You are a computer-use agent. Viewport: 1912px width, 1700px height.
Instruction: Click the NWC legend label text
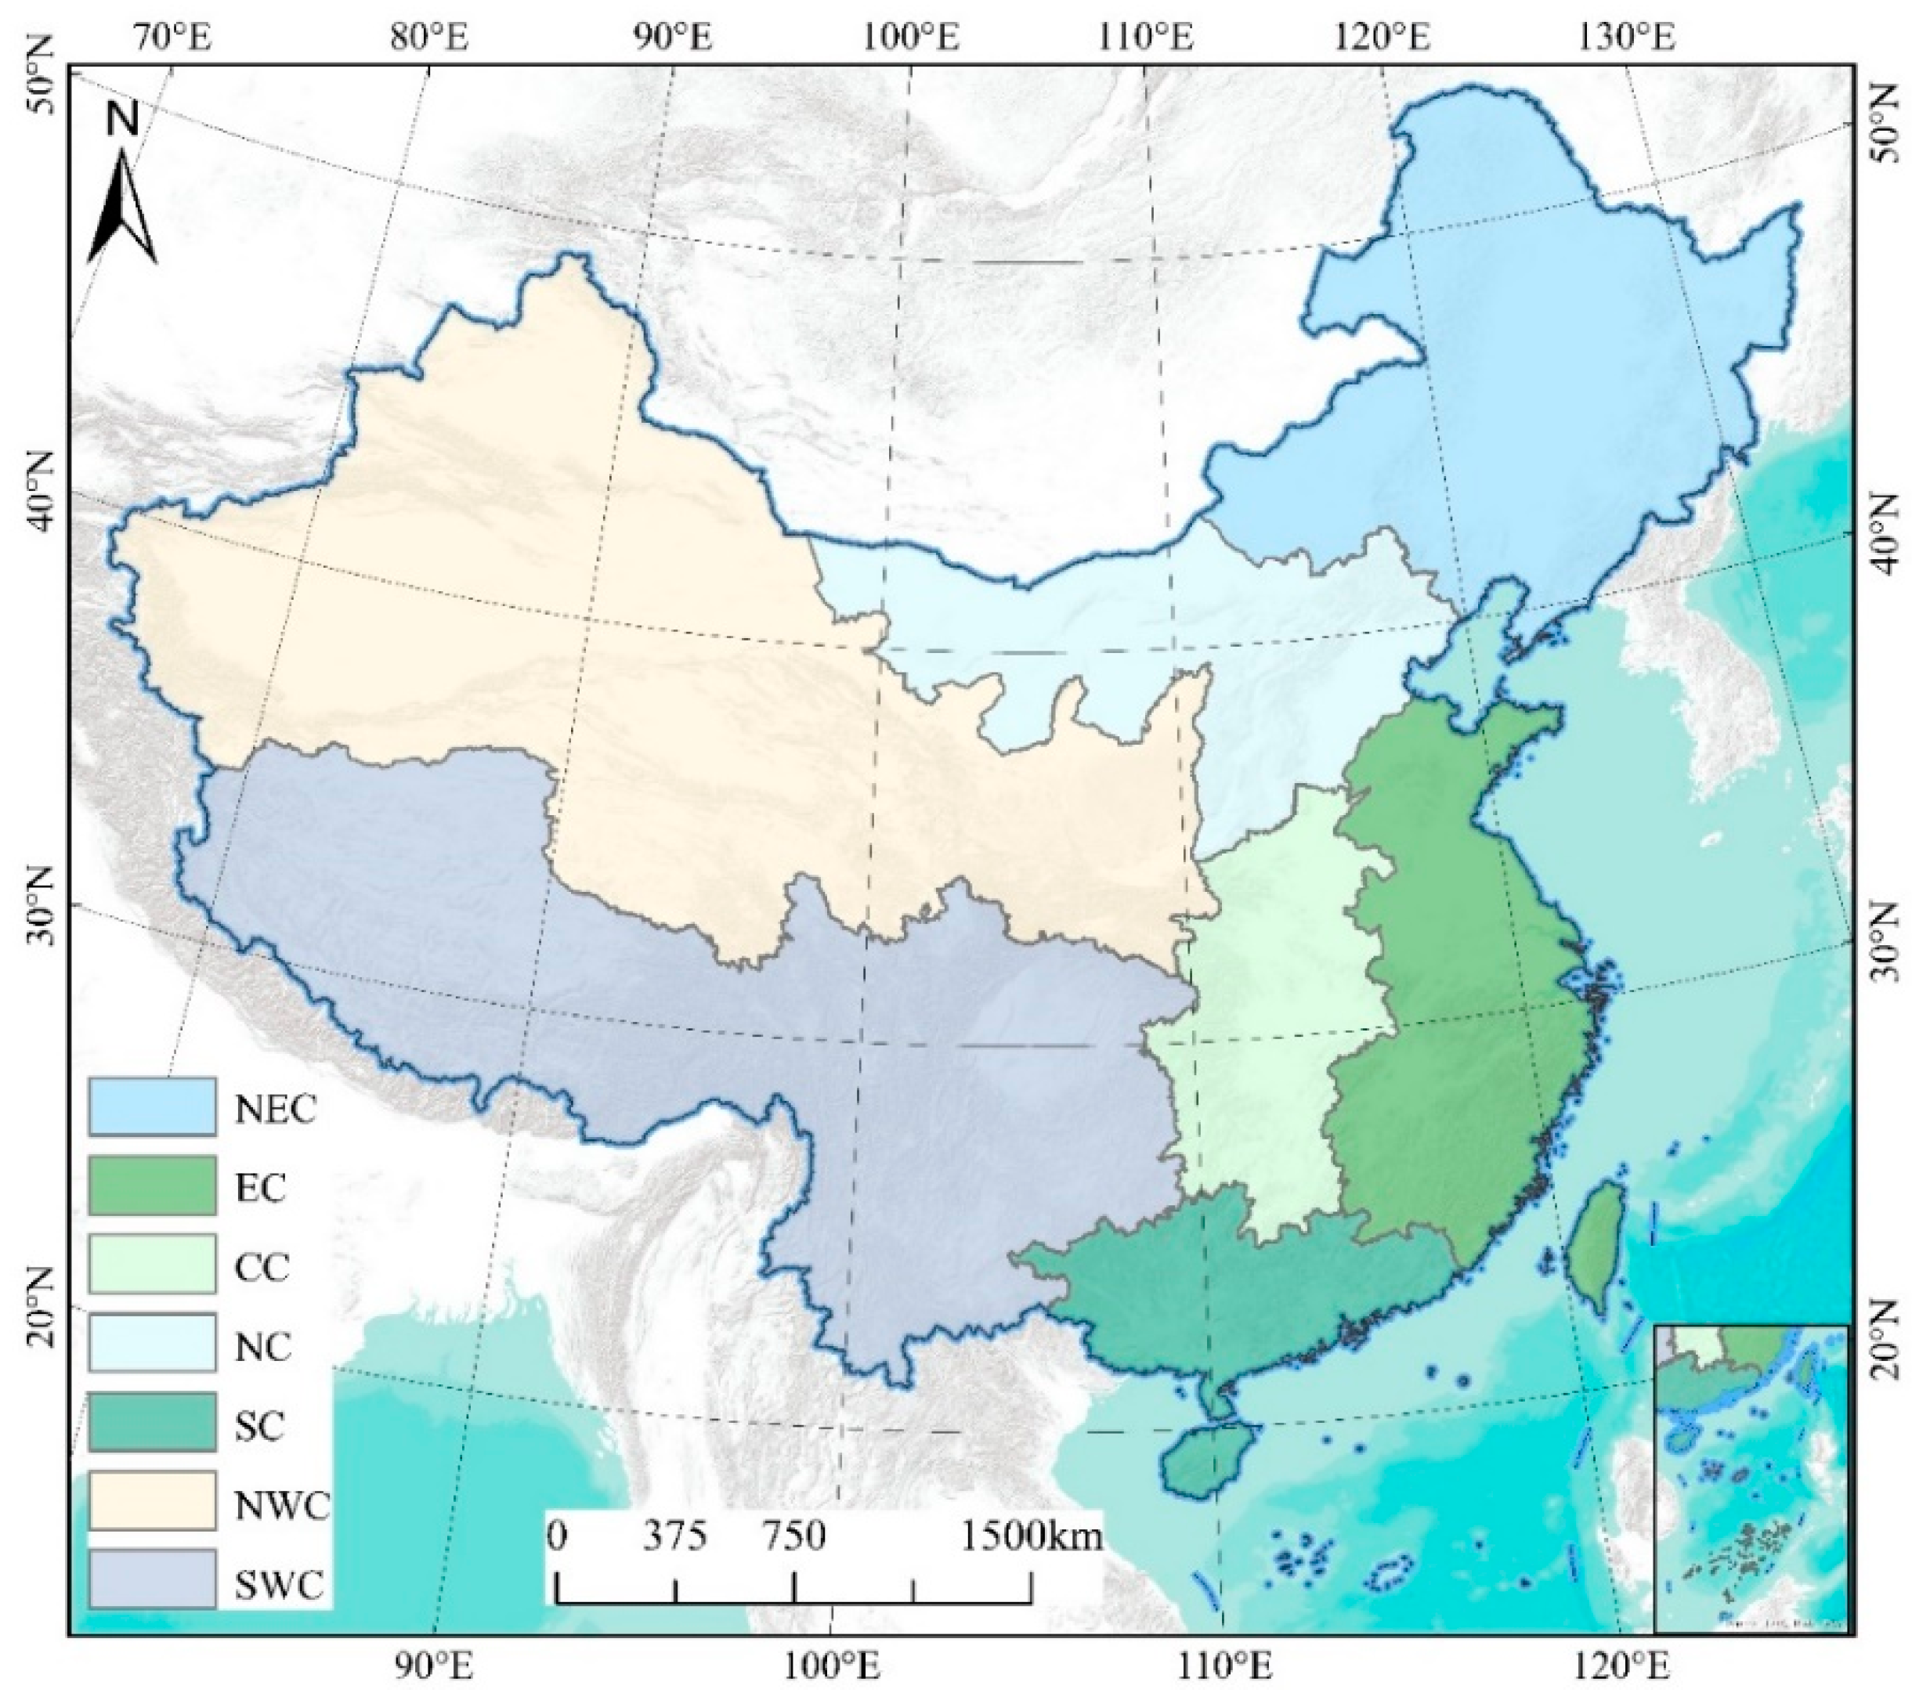pos(281,1507)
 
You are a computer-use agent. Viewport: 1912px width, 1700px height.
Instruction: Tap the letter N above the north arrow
pos(122,119)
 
